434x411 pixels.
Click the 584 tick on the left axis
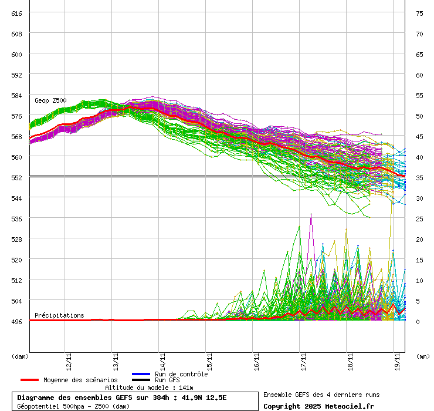(x=16, y=95)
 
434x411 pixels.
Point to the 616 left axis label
(x=16, y=13)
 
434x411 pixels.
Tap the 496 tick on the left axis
(x=16, y=321)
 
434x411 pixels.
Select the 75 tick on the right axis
(x=419, y=13)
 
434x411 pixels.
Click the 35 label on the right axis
(x=419, y=177)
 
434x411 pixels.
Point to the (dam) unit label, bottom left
(x=20, y=356)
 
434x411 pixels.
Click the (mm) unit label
(x=422, y=356)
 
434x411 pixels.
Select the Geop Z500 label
(x=50, y=100)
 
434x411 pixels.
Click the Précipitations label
(x=59, y=315)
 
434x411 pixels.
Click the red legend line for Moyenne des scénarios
(x=38, y=380)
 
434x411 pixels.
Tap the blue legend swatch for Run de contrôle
(x=141, y=374)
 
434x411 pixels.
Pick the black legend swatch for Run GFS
(x=141, y=380)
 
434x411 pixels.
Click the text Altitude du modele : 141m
(x=149, y=388)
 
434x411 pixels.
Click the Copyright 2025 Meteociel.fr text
(x=318, y=406)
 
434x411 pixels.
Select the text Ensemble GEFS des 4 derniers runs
(x=321, y=395)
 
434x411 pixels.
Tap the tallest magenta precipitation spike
(x=311, y=215)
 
